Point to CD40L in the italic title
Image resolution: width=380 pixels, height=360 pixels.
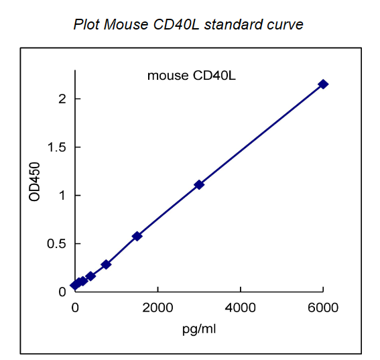click(x=178, y=25)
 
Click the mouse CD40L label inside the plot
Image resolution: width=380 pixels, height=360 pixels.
click(x=191, y=75)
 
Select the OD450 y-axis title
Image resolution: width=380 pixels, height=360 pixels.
click(x=36, y=182)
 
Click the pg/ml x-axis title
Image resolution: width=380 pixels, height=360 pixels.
click(x=198, y=329)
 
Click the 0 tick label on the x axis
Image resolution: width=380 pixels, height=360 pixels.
click(x=75, y=308)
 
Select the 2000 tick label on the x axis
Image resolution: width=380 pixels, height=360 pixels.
click(x=157, y=308)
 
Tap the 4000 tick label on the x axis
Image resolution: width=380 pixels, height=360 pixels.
click(x=241, y=308)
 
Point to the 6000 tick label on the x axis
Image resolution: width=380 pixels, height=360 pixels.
click(x=323, y=308)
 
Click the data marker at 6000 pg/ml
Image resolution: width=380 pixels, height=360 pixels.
click(x=323, y=84)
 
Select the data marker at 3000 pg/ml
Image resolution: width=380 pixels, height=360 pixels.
click(x=199, y=184)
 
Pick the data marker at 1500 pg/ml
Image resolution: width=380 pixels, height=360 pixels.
click(x=137, y=236)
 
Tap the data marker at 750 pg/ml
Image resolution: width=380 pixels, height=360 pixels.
click(x=106, y=265)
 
